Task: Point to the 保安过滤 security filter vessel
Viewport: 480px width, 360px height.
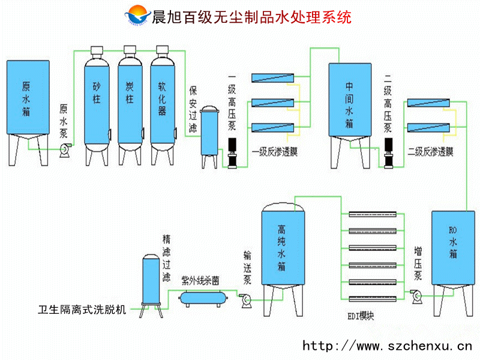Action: click(209, 132)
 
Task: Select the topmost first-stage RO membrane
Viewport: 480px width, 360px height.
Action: click(272, 77)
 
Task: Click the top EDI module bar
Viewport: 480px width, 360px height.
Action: click(372, 214)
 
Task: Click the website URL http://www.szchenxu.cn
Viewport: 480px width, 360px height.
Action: click(387, 346)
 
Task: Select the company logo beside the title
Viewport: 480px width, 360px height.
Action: click(139, 16)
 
